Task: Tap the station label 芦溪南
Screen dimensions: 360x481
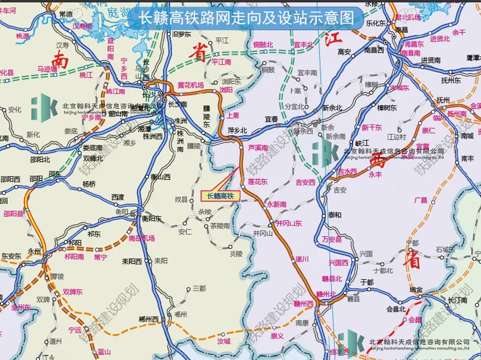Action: pos(258,148)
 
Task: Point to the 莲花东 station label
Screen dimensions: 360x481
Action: pos(258,182)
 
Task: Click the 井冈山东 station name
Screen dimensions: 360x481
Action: pos(289,223)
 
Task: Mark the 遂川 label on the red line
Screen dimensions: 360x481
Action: pos(302,259)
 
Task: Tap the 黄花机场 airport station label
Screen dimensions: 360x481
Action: pos(190,86)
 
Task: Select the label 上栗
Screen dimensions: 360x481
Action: pos(233,116)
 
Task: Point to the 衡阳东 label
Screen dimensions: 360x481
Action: pos(151,219)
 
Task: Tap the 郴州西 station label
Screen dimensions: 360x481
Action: pos(149,319)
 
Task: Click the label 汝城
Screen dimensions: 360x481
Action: pos(224,341)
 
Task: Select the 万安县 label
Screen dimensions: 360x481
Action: pos(331,239)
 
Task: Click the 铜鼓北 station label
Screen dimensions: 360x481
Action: pos(263,45)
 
